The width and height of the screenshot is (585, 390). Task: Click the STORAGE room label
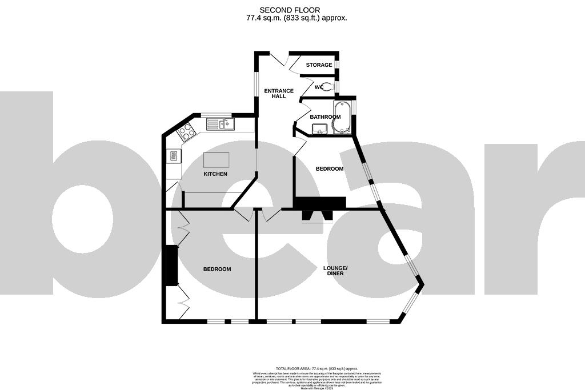[319, 65]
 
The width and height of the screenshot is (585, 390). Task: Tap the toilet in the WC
[328, 87]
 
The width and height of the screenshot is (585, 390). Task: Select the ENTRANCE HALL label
[278, 94]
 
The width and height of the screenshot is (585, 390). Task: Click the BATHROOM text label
[325, 117]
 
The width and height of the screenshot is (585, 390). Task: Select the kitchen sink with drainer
[219, 123]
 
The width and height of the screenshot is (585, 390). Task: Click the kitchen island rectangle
[216, 159]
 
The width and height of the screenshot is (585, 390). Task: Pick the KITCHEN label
[215, 174]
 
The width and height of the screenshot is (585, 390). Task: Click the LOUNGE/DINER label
[335, 271]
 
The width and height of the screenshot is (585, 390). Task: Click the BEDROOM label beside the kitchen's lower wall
[217, 269]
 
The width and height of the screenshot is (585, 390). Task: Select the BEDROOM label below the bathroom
[330, 169]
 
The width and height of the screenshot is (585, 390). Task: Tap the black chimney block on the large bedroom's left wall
[170, 265]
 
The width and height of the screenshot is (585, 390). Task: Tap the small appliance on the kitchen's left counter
[172, 155]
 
